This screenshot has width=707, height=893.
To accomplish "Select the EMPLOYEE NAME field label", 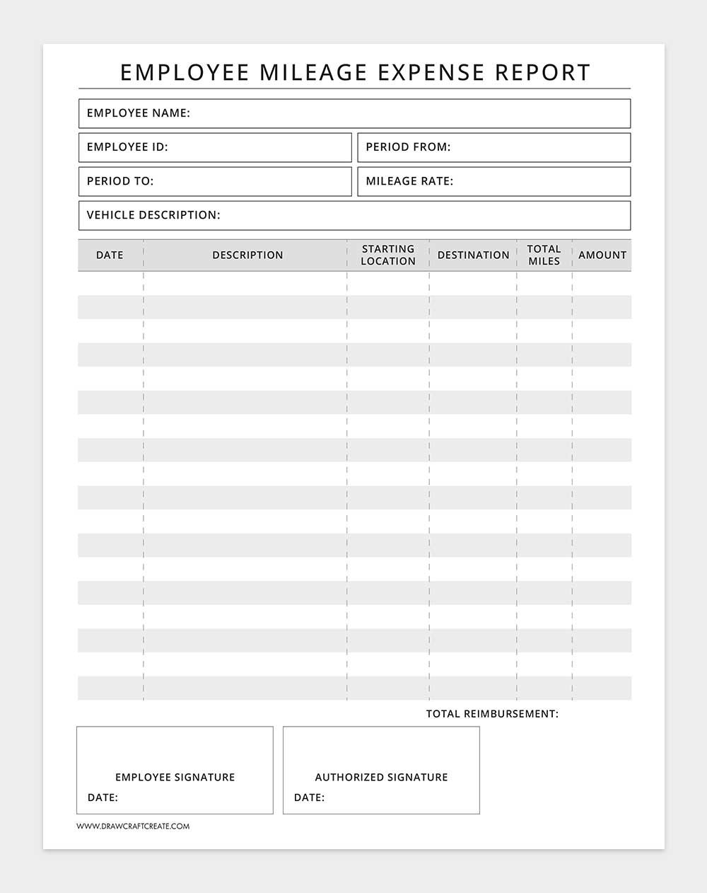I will [139, 113].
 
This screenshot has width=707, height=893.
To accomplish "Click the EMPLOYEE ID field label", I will [127, 147].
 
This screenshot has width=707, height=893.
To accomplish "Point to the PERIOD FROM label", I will [408, 147].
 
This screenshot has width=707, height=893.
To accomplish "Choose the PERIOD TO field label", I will [120, 181].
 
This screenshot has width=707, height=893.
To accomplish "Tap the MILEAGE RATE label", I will [409, 181].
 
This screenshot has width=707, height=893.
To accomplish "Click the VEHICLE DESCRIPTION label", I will [153, 215].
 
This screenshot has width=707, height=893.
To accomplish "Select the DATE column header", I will [110, 255].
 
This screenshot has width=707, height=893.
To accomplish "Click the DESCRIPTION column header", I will [247, 255].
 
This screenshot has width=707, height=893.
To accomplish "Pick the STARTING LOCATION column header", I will [388, 255].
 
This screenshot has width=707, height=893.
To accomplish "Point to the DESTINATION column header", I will [473, 255].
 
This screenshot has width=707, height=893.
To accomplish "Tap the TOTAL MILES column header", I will [544, 255].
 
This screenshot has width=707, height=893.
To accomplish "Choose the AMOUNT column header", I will [602, 255].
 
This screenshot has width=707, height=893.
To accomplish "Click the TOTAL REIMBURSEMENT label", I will [492, 714].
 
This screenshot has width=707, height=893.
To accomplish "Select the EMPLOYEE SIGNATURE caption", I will [175, 777].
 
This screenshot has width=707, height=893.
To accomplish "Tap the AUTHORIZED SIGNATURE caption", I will [381, 777].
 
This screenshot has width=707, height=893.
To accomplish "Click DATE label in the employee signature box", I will [103, 797].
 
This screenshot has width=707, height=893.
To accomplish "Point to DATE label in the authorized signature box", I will [309, 797].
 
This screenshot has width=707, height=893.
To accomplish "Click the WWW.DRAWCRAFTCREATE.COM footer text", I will [133, 826].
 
